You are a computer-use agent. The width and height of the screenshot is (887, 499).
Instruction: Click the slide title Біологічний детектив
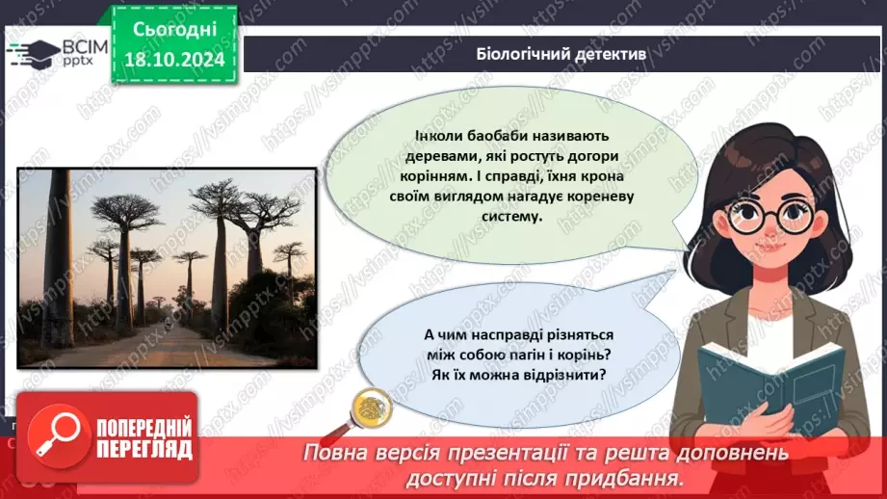point(562,54)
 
